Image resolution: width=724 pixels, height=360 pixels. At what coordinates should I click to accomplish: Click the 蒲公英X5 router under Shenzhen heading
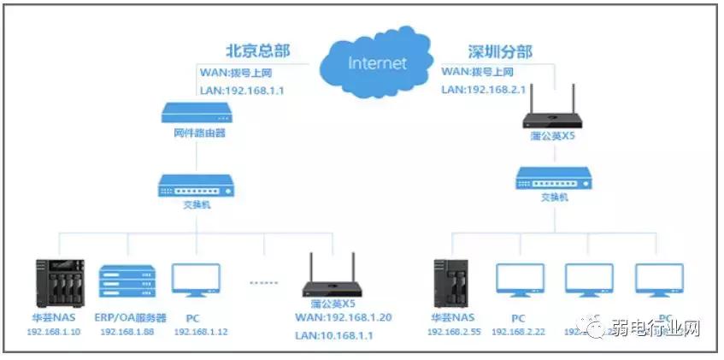pyautogui.click(x=555, y=110)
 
